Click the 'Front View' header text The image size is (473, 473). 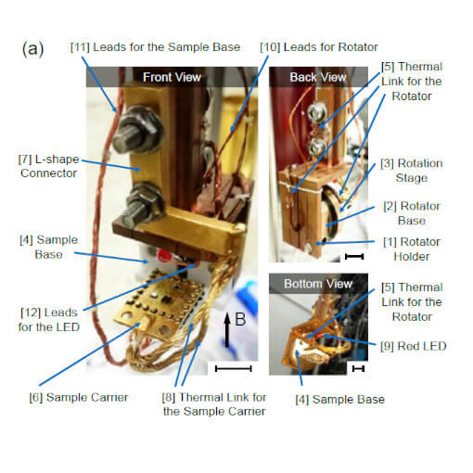point(171,77)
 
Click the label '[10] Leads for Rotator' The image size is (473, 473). point(318,47)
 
